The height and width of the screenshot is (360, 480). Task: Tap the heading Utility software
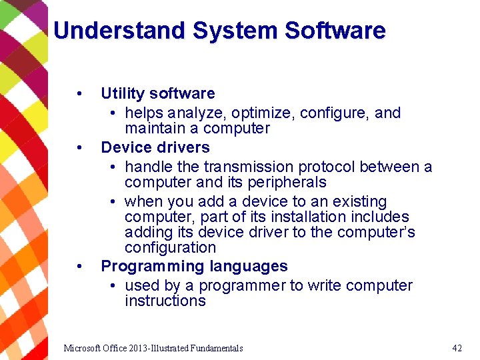tap(157, 93)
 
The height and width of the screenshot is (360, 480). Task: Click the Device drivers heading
tap(155, 147)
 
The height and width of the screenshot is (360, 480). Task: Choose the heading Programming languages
tap(194, 266)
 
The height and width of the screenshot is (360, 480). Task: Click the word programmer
tap(242, 285)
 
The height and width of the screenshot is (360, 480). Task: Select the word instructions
tap(165, 301)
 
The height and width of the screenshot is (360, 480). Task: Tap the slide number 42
tap(457, 348)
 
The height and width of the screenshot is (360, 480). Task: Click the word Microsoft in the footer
tap(83, 348)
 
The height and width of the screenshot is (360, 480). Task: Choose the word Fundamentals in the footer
tap(216, 348)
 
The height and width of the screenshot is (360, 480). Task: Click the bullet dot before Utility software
tap(79, 93)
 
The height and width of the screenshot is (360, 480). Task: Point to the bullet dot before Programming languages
tap(79, 266)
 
